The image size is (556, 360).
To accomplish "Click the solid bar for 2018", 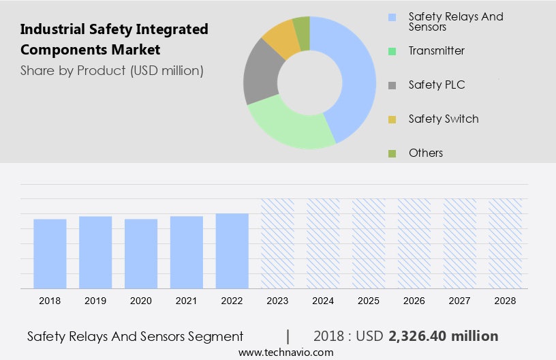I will tap(50, 254).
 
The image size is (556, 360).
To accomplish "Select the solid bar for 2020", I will tap(141, 254).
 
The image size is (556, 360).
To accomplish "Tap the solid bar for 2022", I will tap(232, 251).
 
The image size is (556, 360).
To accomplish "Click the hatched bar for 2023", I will tap(278, 243).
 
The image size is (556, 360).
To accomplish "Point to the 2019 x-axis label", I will tap(95, 300).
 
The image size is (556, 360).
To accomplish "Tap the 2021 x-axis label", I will tap(187, 300).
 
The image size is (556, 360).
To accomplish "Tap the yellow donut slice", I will tap(281, 40).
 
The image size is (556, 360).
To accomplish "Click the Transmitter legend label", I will tap(436, 50).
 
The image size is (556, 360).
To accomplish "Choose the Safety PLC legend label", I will tap(436, 85).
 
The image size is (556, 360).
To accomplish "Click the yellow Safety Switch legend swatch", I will tap(392, 119).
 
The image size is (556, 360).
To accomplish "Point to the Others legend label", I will tap(426, 153).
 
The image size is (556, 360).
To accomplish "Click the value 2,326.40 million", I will tap(443, 336).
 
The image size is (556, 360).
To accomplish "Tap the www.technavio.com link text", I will tap(285, 352).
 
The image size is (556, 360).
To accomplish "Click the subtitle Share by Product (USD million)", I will tap(112, 70).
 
